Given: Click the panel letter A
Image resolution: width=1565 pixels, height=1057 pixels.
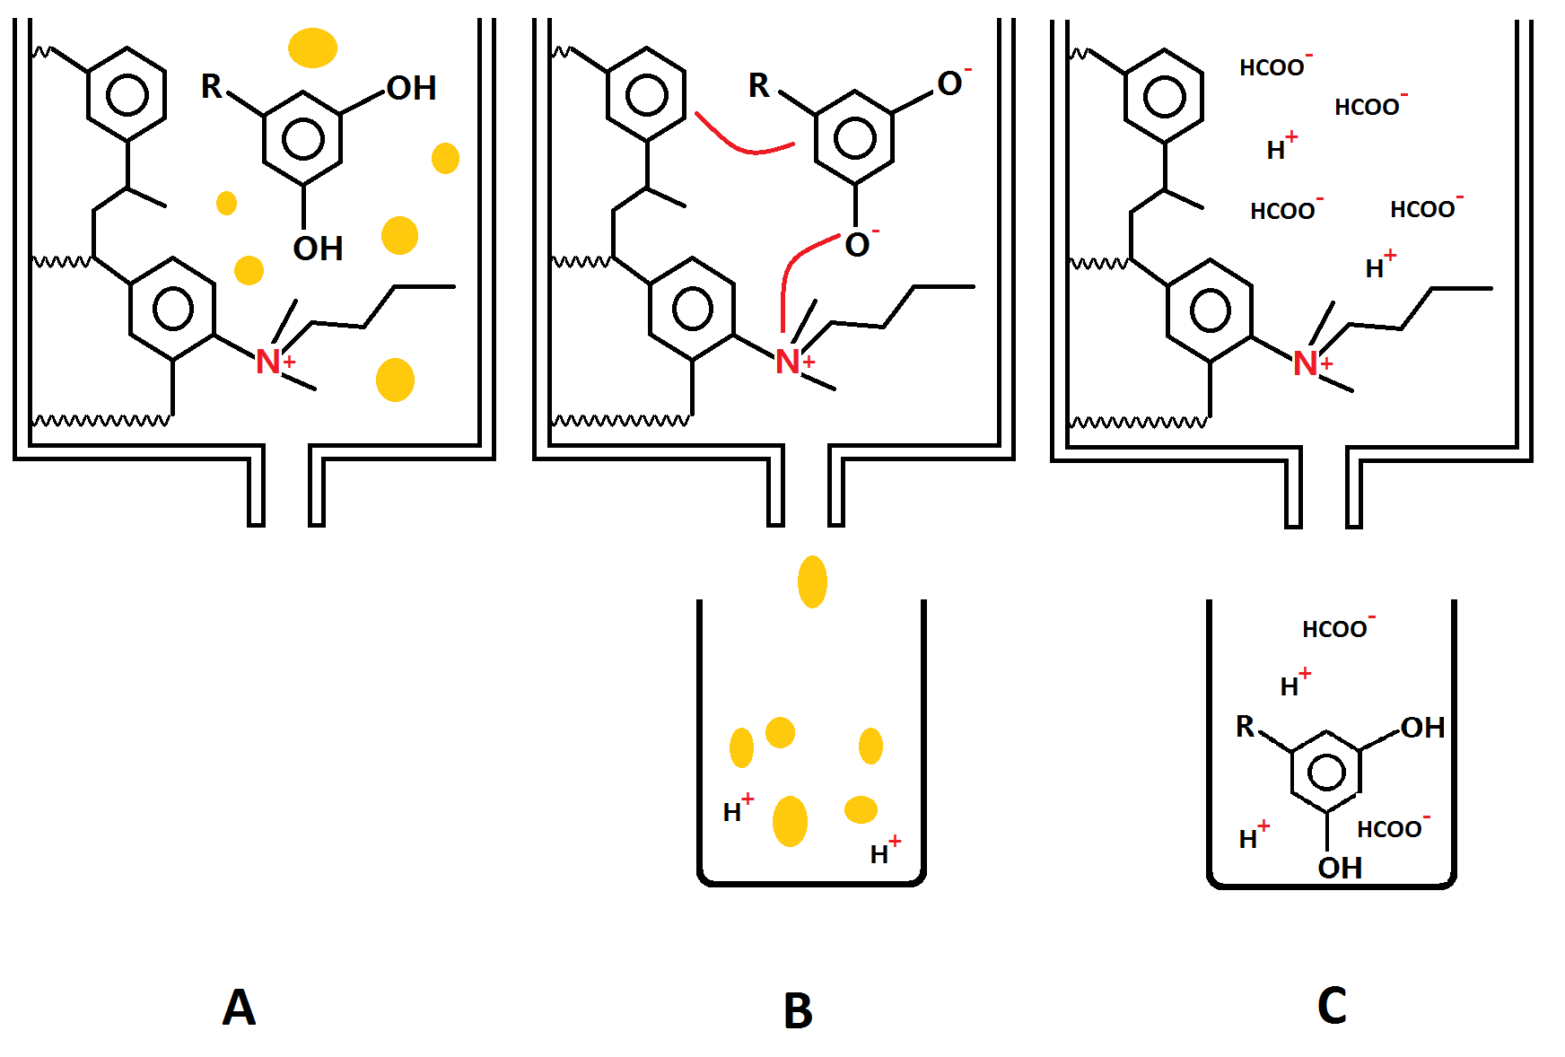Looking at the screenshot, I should pyautogui.click(x=239, y=1007).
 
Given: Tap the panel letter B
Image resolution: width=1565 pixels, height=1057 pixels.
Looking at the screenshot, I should pyautogui.click(x=798, y=1011).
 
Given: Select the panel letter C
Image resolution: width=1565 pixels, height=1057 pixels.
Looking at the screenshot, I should pyautogui.click(x=1332, y=1006).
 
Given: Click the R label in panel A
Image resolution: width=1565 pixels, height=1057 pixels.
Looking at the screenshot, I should pyautogui.click(x=211, y=86).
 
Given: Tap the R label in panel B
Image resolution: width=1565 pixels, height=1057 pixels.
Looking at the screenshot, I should pyautogui.click(x=759, y=86).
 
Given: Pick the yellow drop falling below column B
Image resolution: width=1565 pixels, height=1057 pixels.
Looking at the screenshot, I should pyautogui.click(x=812, y=581).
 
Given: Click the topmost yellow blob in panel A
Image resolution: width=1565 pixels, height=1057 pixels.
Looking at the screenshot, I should pyautogui.click(x=312, y=48).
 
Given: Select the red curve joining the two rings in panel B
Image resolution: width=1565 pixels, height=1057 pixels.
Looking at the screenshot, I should pyautogui.click(x=743, y=144).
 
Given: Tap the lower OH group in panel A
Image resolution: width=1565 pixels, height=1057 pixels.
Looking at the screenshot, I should pyautogui.click(x=318, y=249).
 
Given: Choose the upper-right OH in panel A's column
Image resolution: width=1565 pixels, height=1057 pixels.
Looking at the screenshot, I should pyautogui.click(x=411, y=88).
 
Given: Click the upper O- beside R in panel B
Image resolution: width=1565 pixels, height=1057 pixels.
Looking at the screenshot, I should pyautogui.click(x=951, y=83).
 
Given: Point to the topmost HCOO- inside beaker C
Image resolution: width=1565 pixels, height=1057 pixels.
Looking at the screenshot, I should pyautogui.click(x=1337, y=628).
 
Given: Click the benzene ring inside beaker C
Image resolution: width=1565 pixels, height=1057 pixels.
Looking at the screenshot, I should pyautogui.click(x=1327, y=772).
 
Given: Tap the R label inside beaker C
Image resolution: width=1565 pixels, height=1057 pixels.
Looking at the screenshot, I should pyautogui.click(x=1245, y=726).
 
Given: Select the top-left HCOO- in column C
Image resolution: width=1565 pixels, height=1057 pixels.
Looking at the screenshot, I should pyautogui.click(x=1274, y=66).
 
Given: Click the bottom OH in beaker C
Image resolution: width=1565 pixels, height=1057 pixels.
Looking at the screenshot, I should pyautogui.click(x=1340, y=868).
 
